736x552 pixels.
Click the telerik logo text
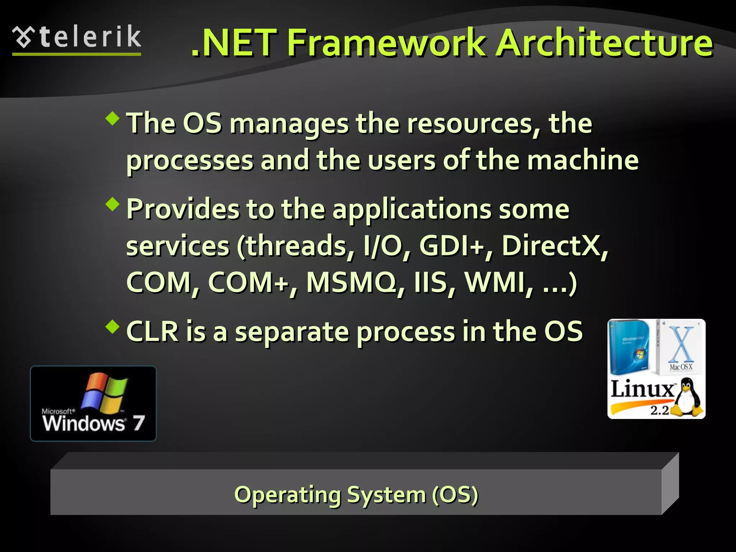click(90, 37)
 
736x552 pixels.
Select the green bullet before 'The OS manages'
click(113, 118)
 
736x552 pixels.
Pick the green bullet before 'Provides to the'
click(113, 204)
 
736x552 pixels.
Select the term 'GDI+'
click(451, 246)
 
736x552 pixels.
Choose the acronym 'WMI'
click(494, 283)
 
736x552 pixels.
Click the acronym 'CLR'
click(152, 332)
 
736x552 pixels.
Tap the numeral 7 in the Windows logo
click(138, 423)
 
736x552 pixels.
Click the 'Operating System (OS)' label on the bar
click(356, 495)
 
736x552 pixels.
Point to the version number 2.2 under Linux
click(659, 410)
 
